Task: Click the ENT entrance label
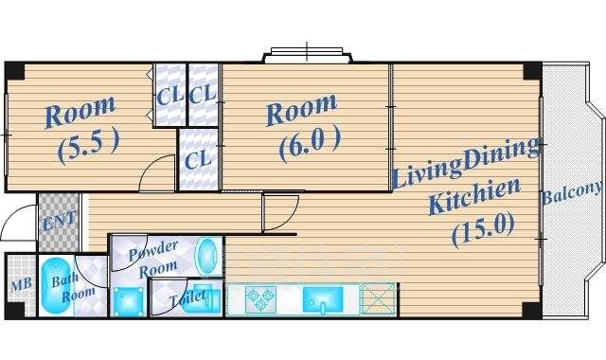[59, 221]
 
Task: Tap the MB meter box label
[21, 285]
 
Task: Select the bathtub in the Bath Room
[56, 285]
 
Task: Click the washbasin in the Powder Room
[207, 254]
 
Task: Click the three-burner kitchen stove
[261, 299]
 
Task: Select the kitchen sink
[323, 299]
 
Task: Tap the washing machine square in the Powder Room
[129, 301]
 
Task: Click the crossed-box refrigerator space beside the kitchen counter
[378, 298]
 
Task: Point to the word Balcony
[572, 192]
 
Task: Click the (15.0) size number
[484, 229]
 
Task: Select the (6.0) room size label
[310, 143]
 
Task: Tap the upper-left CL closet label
[169, 96]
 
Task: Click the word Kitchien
[474, 196]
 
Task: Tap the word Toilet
[188, 297]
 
